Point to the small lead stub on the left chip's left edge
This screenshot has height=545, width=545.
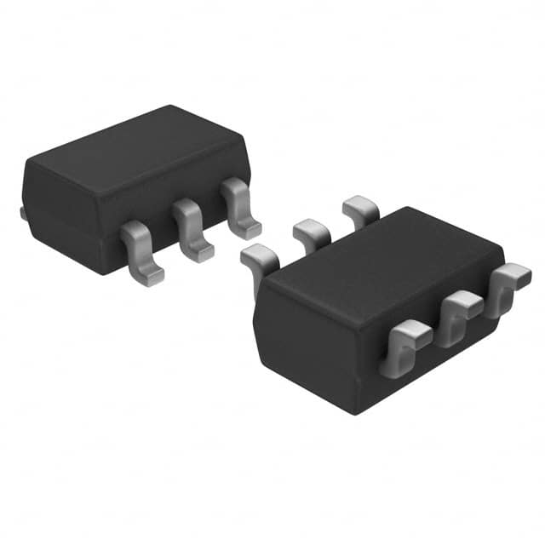[x=22, y=212]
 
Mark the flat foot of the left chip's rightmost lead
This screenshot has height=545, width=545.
[x=248, y=228]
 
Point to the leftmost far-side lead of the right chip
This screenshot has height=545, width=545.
[x=260, y=260]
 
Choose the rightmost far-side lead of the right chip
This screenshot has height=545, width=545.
[x=360, y=209]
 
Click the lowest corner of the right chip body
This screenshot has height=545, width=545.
[x=350, y=413]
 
